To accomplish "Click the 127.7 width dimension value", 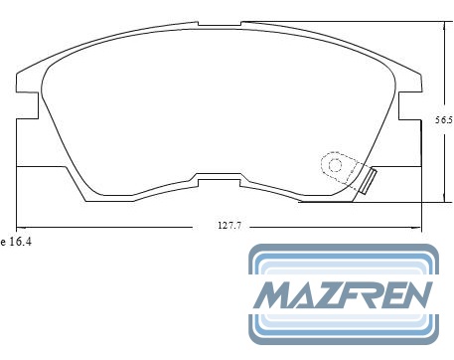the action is point(229,226).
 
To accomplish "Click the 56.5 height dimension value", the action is point(444,120).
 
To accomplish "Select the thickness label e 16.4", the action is point(16,242).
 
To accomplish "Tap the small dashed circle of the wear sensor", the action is point(335,165).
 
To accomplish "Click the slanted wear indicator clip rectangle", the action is point(369,181).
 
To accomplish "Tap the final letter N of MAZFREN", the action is point(416,295).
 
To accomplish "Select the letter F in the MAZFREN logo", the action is point(356,295).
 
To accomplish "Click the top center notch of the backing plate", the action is point(220,24).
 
